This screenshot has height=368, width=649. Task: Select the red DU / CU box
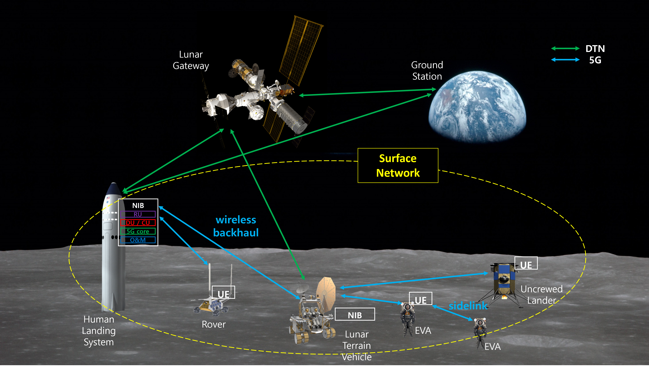click(138, 223)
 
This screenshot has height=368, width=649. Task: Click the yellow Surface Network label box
click(398, 166)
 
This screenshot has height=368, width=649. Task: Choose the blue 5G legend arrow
click(565, 60)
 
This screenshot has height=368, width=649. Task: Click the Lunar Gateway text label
click(191, 60)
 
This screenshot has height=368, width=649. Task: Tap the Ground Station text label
click(427, 71)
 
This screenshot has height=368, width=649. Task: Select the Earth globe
click(477, 107)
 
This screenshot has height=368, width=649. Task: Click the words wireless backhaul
click(236, 226)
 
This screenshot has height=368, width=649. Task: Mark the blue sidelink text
click(468, 306)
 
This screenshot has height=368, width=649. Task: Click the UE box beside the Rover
click(223, 292)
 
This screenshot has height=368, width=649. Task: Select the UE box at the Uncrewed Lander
click(526, 263)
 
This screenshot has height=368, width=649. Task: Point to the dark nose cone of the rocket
click(114, 188)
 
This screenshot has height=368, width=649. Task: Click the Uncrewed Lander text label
click(542, 295)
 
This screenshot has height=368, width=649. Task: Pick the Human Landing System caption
click(99, 331)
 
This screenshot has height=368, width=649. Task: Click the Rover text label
click(214, 324)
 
